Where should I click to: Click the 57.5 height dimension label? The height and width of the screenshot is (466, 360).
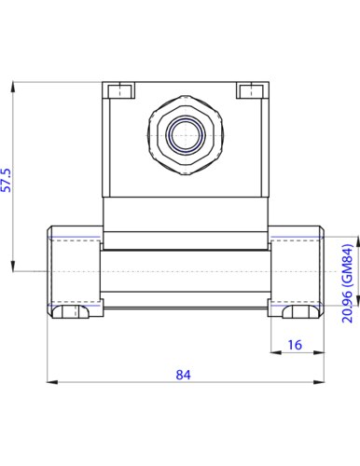pos(7,180)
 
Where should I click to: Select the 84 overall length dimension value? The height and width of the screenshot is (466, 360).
pos(183,375)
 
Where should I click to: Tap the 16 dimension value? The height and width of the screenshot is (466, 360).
pos(295,345)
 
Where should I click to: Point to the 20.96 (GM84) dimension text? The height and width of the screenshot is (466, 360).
pos(348,283)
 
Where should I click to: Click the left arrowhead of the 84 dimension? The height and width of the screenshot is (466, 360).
pos(52,382)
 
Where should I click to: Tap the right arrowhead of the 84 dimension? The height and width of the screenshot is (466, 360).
pos(319,382)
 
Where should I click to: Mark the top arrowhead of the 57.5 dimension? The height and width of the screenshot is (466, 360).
pos(13,87)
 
